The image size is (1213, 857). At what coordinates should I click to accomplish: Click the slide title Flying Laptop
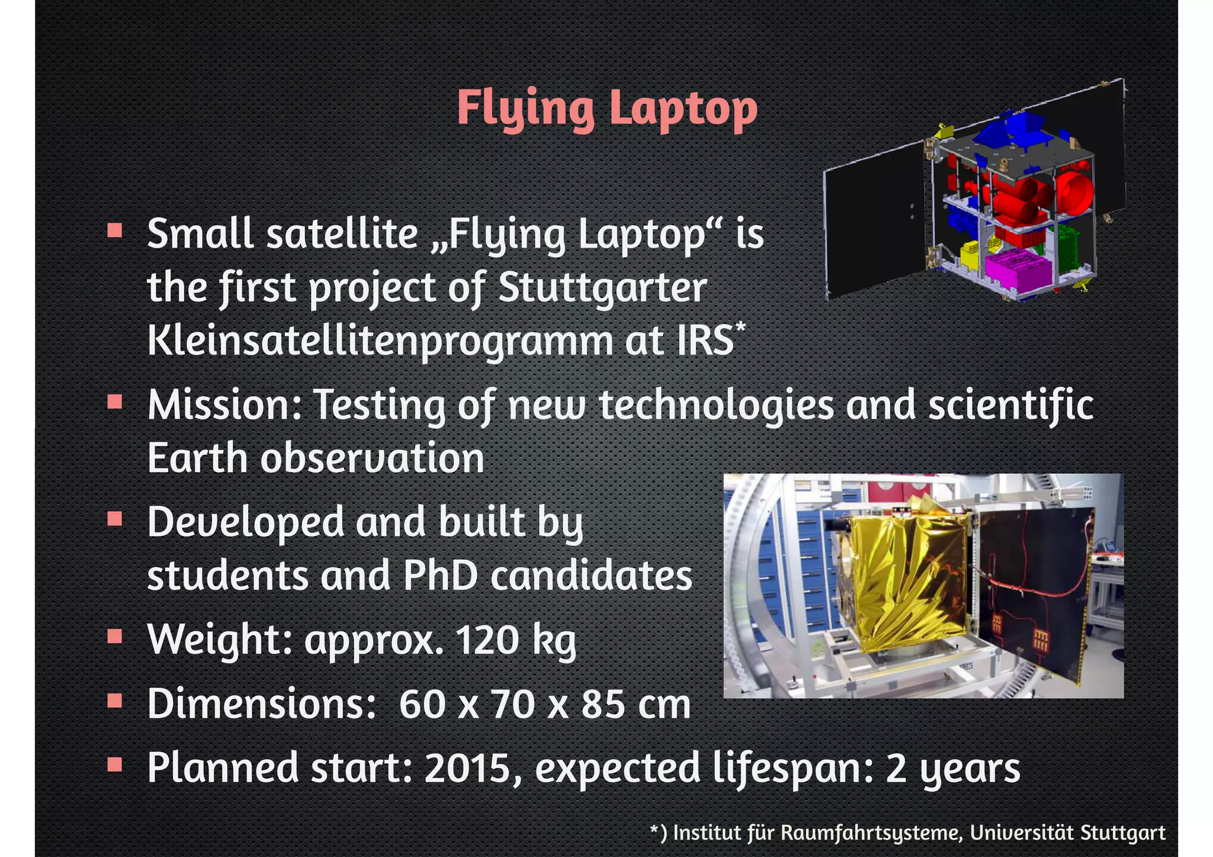point(606,108)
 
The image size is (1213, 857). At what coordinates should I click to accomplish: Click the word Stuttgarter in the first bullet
point(602,288)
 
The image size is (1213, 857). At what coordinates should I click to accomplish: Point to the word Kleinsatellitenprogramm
point(380,341)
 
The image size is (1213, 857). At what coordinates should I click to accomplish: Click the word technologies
point(716,405)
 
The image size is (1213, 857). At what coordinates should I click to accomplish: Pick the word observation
point(372,458)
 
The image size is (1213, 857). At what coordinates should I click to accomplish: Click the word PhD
point(440,576)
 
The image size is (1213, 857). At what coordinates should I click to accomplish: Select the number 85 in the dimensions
point(602,705)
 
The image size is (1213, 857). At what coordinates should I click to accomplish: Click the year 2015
point(467,768)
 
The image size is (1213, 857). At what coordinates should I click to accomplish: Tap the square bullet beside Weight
point(115,637)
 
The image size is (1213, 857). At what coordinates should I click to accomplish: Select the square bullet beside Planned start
point(115,765)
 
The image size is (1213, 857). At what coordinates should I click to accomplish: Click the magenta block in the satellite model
point(1014,268)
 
